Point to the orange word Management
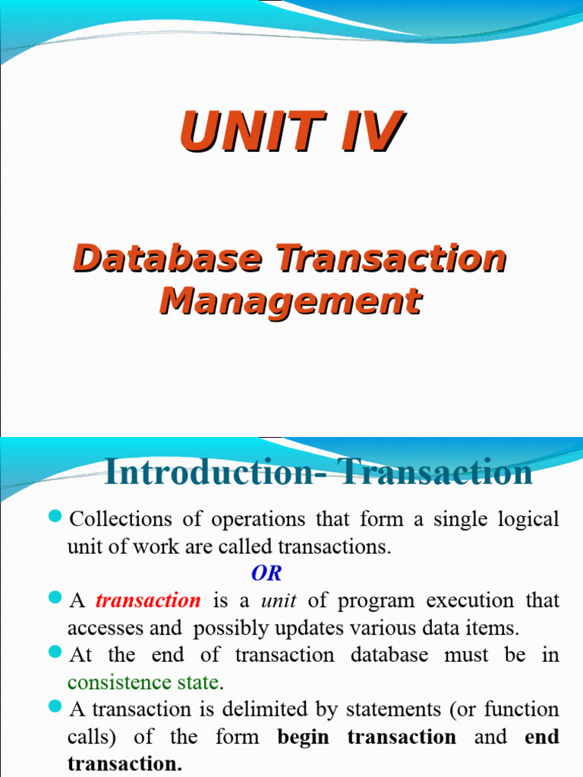[291, 301]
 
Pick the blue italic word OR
[266, 573]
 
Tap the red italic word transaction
[148, 600]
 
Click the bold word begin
[304, 736]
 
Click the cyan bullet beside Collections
[54, 517]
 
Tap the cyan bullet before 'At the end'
[54, 652]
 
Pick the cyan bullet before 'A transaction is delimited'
[54, 706]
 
